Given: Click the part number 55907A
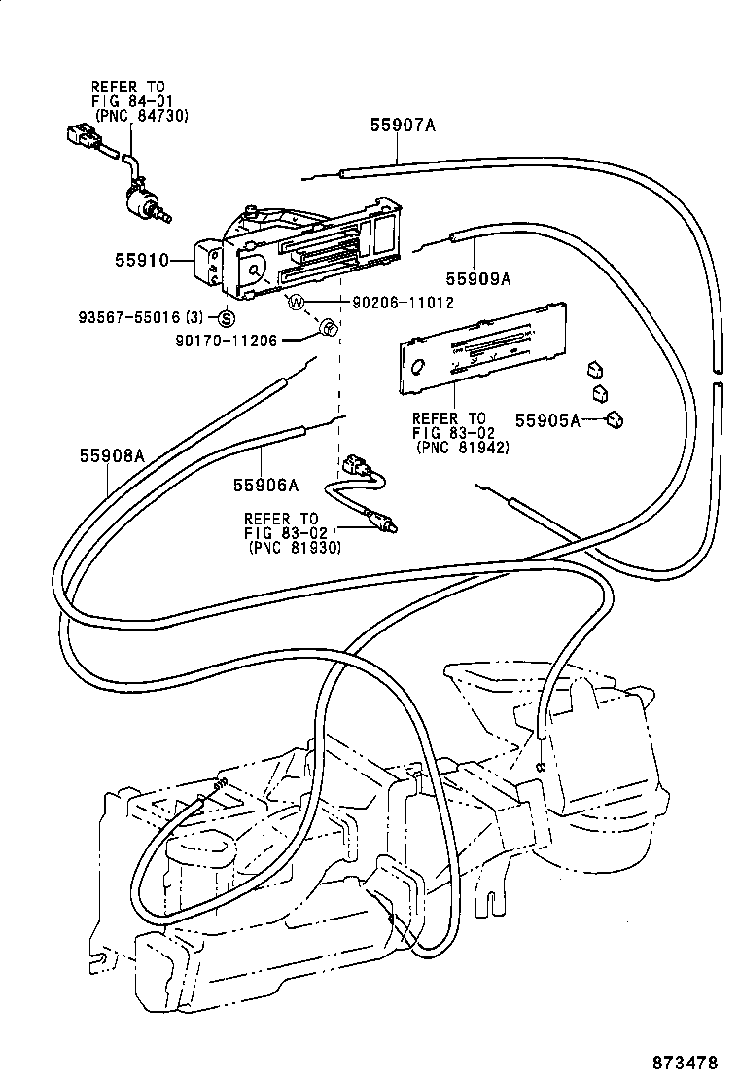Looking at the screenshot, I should [x=403, y=125].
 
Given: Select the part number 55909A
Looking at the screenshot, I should [x=478, y=278].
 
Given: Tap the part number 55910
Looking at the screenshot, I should [x=142, y=261].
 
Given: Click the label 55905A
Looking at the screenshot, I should [x=547, y=420].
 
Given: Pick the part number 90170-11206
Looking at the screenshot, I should [x=227, y=340].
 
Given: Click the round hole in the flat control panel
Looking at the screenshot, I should [x=418, y=368].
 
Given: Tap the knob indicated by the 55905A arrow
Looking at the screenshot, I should [x=615, y=419].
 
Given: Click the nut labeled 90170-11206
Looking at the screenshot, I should [x=329, y=329].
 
